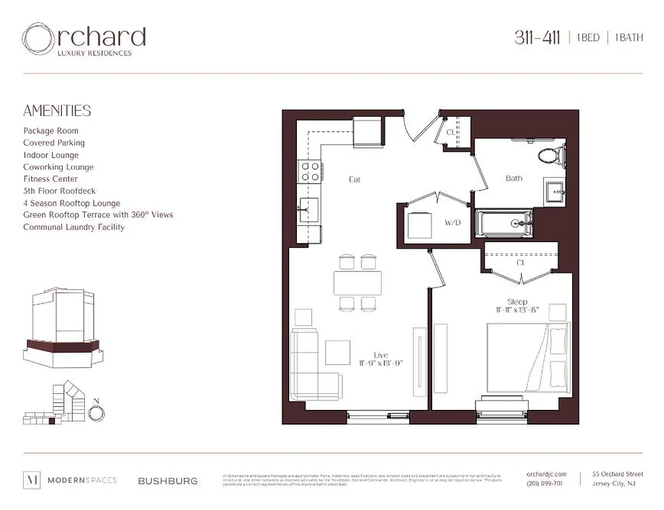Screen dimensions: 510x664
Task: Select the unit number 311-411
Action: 537,38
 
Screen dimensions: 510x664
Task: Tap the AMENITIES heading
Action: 57,111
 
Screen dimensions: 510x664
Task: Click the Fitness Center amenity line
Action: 50,179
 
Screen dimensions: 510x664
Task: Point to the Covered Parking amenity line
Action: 54,143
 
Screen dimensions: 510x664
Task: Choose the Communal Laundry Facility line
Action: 73,227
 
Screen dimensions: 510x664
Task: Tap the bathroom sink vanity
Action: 554,189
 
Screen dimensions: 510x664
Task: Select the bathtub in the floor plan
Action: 505,224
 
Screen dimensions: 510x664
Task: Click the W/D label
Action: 452,222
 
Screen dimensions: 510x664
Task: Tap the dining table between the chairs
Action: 358,282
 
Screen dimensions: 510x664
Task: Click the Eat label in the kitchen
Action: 354,180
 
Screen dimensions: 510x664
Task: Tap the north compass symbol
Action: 96,412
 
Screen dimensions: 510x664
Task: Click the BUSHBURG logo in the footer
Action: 168,481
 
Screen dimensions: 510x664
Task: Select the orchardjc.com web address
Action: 547,474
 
